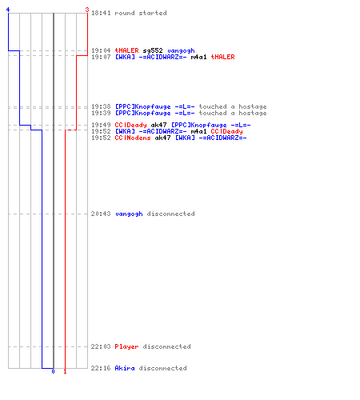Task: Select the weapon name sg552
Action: [x=153, y=50]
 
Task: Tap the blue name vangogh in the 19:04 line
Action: [x=181, y=51]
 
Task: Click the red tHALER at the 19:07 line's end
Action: [x=222, y=57]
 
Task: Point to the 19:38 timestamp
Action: [x=101, y=106]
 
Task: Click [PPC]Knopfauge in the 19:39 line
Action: [x=142, y=114]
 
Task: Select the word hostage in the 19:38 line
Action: [x=253, y=107]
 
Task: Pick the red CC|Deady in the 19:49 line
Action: [x=130, y=125]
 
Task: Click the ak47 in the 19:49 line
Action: [x=158, y=125]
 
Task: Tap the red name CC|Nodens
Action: [x=133, y=138]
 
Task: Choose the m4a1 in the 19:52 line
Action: [x=198, y=131]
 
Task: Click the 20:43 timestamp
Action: [x=101, y=214]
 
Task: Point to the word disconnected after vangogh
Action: [x=170, y=214]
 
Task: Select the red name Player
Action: [x=126, y=346]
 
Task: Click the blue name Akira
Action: [x=125, y=368]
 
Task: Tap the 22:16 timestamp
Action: [x=101, y=368]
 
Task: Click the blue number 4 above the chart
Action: [x=8, y=10]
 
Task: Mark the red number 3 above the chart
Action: [x=87, y=10]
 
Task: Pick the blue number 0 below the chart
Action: [x=53, y=371]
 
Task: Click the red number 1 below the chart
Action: [x=65, y=371]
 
